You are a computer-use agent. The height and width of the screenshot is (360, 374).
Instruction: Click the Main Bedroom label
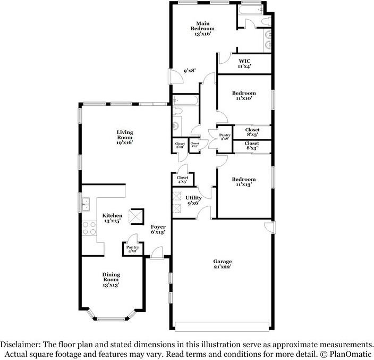coord(202,28)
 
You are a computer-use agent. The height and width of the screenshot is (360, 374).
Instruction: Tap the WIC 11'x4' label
coord(244,63)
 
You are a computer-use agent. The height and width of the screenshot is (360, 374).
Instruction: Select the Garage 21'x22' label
coord(223,264)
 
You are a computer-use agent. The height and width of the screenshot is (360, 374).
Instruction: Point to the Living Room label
coord(125,137)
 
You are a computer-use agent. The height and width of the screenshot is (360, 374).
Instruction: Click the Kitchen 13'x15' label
coord(112,218)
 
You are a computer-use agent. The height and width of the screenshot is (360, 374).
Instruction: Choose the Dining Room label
coord(111,279)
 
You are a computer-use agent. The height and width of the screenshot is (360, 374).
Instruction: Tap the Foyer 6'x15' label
coord(158,229)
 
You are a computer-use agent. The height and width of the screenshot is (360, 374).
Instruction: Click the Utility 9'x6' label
coord(193,200)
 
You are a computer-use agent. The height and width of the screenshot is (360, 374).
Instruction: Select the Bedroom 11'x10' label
coord(244,96)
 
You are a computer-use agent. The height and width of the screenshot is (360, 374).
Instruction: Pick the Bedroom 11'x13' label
coord(244,182)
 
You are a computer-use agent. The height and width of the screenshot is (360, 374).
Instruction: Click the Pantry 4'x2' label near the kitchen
coord(132,249)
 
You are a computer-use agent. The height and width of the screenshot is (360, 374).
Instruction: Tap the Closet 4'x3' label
coord(182,180)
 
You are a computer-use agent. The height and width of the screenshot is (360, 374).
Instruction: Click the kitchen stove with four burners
coord(89,229)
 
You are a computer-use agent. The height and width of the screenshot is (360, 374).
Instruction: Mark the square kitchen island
coord(138,215)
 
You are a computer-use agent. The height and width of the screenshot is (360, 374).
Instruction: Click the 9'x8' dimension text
coord(190,71)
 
